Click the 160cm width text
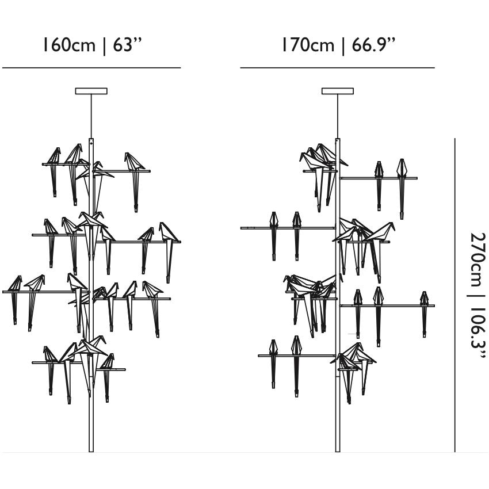[x=68, y=45]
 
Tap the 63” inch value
[x=127, y=44]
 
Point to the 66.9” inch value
[x=374, y=44]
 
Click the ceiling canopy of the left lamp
[x=91, y=91]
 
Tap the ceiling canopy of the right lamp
[x=337, y=91]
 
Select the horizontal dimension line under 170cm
[x=337, y=68]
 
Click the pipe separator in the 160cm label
[x=104, y=45]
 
